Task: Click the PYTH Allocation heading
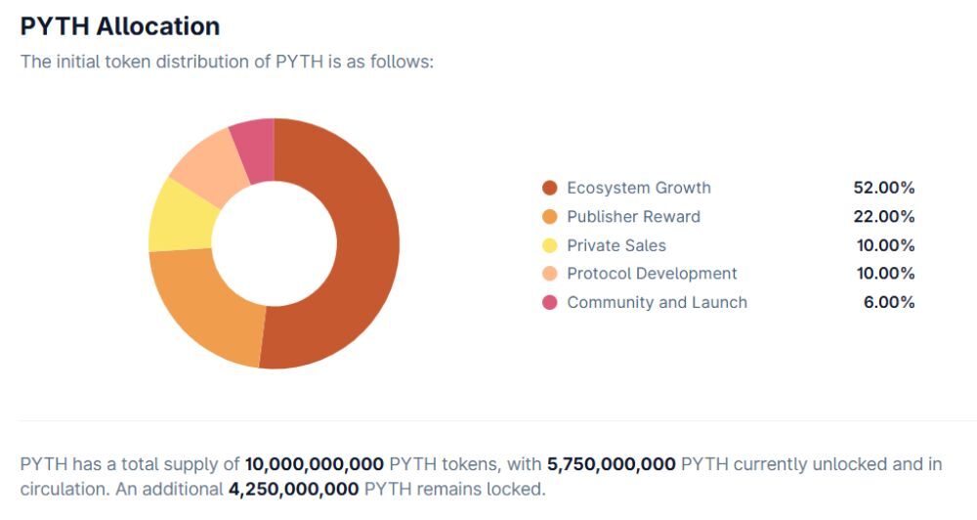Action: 119,26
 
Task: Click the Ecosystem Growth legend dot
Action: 549,188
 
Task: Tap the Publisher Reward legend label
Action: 633,216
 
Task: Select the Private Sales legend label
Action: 616,245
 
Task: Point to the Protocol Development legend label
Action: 652,274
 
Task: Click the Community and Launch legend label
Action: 657,302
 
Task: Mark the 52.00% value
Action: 883,188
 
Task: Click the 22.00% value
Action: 883,216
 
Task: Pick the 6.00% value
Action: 889,302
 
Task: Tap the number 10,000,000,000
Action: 314,464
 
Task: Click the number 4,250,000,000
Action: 293,488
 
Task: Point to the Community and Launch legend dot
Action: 549,302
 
